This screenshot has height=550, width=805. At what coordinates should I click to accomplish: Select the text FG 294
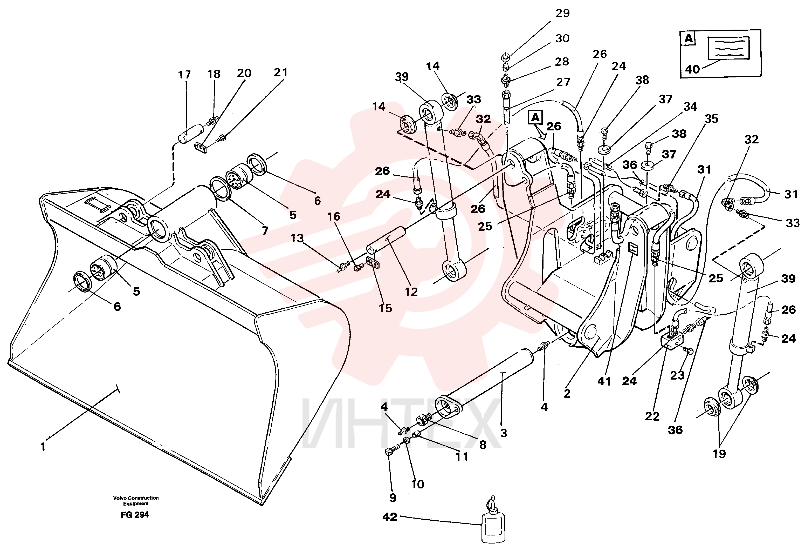tap(135, 515)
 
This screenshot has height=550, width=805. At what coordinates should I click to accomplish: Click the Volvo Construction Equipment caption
tap(136, 501)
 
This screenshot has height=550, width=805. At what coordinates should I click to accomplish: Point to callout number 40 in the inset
tap(692, 69)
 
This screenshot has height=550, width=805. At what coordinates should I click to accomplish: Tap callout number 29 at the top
tap(562, 13)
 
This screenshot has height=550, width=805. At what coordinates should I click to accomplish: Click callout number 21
tap(281, 72)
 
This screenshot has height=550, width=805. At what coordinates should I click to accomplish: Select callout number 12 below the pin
tap(411, 292)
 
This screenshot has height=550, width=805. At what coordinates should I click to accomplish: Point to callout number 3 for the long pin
tap(504, 433)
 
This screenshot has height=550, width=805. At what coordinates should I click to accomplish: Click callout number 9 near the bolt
tap(393, 498)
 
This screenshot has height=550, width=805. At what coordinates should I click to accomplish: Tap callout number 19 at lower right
tap(719, 454)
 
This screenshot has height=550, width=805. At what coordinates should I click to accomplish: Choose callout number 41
tap(604, 381)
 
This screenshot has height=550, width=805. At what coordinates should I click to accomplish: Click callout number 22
tap(652, 416)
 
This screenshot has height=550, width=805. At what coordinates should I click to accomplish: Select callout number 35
tap(711, 119)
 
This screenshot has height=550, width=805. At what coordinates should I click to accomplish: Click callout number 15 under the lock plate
tap(385, 308)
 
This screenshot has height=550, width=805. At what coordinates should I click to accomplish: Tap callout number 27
tap(563, 82)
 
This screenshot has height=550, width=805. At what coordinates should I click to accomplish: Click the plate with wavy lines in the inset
tap(723, 48)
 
